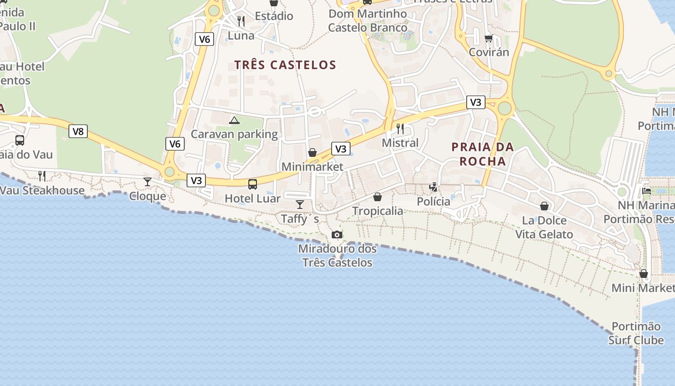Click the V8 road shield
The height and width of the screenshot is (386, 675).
78,131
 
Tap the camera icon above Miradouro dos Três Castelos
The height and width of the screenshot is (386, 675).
337,234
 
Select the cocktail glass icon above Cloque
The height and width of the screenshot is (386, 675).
147,181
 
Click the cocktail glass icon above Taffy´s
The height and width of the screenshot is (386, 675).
300,204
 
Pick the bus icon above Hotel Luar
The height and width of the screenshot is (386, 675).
253,184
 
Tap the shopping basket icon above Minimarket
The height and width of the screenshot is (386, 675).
312,152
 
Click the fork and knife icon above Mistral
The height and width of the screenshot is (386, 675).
400,128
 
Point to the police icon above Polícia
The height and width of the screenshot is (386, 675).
433,187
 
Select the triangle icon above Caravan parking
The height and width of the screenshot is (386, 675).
234,120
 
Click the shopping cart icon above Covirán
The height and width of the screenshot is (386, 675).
488,38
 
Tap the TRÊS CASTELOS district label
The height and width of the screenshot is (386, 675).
285,65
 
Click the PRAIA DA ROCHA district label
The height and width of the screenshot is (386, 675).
483,154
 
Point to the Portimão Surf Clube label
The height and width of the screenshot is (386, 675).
636,333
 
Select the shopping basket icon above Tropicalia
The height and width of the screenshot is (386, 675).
378,197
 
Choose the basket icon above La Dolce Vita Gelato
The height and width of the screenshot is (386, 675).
544,206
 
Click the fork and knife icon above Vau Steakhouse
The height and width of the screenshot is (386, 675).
42,176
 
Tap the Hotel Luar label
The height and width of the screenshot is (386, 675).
253,198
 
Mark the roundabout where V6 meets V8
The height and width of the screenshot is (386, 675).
169,171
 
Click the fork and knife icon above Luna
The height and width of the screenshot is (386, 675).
241,21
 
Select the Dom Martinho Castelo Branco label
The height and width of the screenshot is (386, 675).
368,21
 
